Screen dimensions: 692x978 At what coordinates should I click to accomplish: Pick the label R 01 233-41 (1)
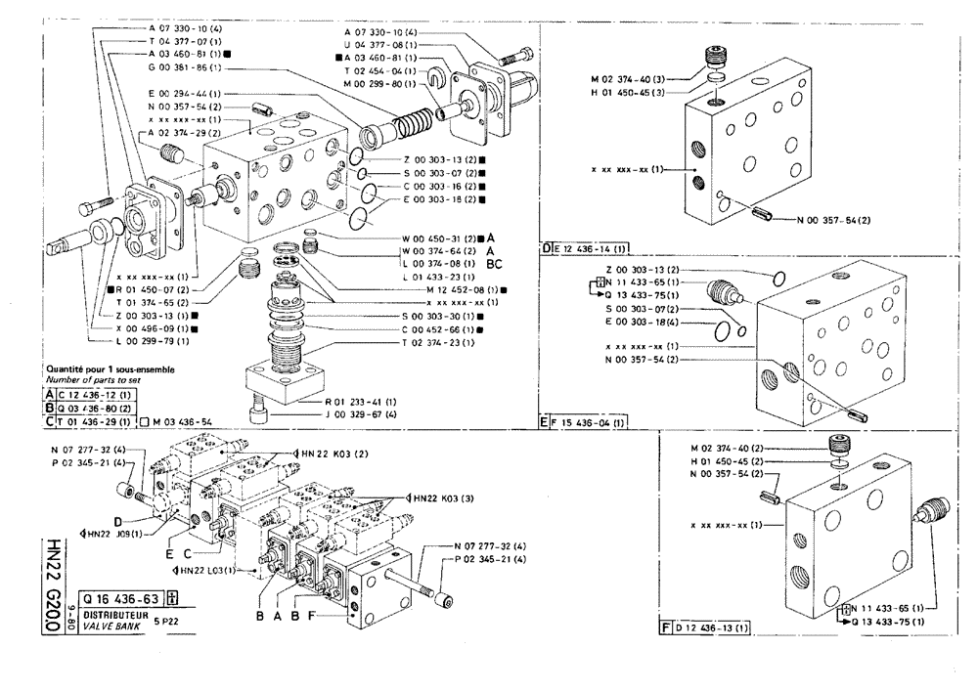[x=360, y=402]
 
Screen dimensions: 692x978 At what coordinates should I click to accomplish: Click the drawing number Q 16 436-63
[x=121, y=600]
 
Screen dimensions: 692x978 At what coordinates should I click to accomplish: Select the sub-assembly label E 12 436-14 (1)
[x=593, y=248]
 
